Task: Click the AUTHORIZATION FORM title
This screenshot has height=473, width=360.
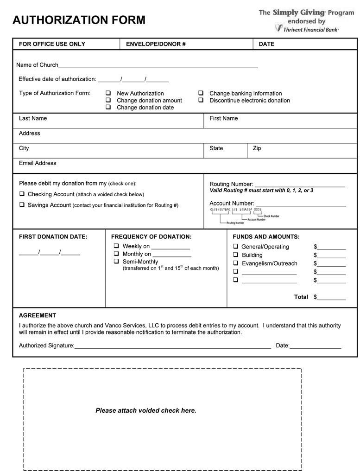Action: (79, 20)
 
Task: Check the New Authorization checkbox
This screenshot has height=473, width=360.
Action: (108, 93)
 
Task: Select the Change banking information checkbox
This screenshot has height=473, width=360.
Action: (201, 93)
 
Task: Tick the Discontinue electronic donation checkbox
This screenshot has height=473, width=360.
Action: (201, 100)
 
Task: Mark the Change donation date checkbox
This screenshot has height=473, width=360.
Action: (108, 107)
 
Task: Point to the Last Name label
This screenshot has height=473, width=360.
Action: (33, 118)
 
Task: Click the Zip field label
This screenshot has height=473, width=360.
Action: (257, 148)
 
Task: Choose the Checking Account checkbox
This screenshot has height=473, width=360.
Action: (22, 194)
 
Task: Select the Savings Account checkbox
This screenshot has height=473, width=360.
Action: (22, 205)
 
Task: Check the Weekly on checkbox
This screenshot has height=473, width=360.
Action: (117, 246)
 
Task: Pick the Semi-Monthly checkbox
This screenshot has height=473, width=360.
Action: (117, 261)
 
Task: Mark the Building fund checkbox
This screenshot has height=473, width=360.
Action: (236, 255)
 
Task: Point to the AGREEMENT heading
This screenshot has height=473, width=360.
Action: (38, 315)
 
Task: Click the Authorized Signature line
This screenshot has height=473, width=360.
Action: (172, 346)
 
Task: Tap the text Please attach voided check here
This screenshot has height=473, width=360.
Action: (146, 410)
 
